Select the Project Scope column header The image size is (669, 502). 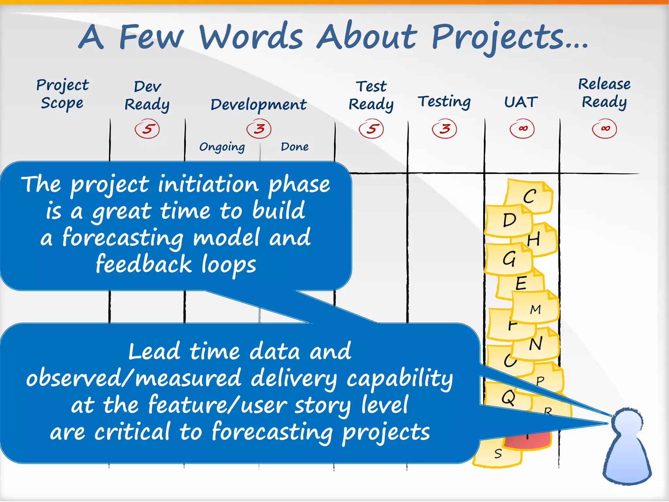coord(62,94)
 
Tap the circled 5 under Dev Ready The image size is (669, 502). coord(147,129)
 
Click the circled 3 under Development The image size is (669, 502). coord(259,128)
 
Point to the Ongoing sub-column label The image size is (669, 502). coord(222,147)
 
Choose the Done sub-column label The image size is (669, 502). coord(295,147)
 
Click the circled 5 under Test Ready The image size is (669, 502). coord(371,129)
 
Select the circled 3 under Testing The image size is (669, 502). coord(444,128)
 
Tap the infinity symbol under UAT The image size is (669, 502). coord(522,128)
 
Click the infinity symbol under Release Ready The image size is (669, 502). coord(605,128)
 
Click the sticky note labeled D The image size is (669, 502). coord(508,220)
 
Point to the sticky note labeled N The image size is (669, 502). coord(536,344)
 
